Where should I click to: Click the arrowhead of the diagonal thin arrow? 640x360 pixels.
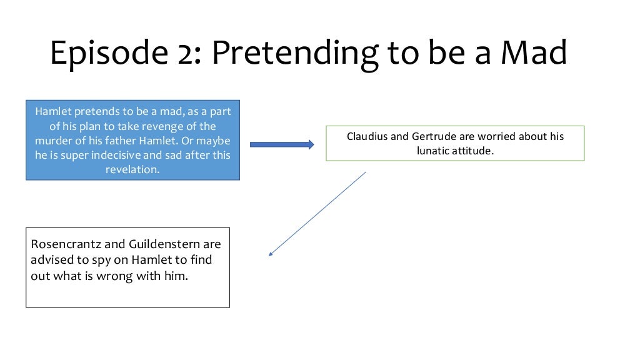point(271,254)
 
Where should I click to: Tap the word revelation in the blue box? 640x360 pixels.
point(132,169)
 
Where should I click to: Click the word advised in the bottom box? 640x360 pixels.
point(51,260)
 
